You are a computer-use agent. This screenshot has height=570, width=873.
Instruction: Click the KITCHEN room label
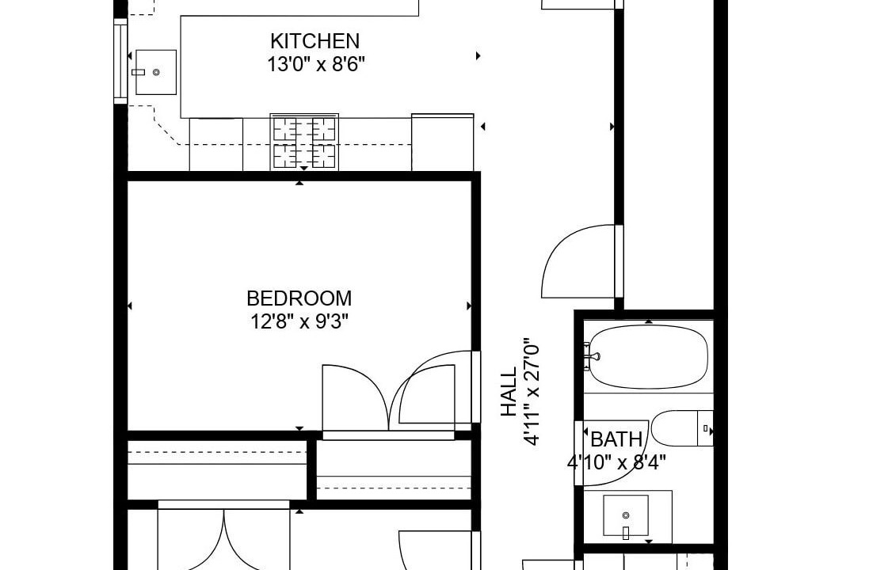pyautogui.click(x=315, y=41)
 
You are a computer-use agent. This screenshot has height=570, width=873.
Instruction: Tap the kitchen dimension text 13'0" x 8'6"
pyautogui.click(x=315, y=65)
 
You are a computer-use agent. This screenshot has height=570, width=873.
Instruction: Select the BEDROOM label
pyautogui.click(x=299, y=298)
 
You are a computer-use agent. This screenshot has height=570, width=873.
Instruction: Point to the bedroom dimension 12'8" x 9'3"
pyautogui.click(x=299, y=321)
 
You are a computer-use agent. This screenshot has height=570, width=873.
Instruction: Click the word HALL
pyautogui.click(x=509, y=392)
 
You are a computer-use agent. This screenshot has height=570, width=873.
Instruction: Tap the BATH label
pyautogui.click(x=616, y=439)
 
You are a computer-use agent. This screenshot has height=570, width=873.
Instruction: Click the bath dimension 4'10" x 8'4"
pyautogui.click(x=616, y=462)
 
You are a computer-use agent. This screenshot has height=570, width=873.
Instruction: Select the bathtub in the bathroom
pyautogui.click(x=649, y=357)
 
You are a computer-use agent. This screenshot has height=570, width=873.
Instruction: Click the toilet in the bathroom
pyautogui.click(x=682, y=428)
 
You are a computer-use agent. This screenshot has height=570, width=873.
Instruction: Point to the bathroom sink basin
pyautogui.click(x=626, y=516)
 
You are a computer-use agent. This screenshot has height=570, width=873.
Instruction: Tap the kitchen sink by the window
pyautogui.click(x=156, y=72)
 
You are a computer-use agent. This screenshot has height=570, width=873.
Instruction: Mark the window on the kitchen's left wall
pyautogui.click(x=120, y=61)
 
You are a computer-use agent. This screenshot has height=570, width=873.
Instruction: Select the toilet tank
pyautogui.click(x=705, y=428)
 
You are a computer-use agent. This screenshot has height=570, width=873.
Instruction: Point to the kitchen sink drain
pyautogui.click(x=156, y=72)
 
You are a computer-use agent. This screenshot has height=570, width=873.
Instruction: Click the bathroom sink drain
pyautogui.click(x=626, y=515)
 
